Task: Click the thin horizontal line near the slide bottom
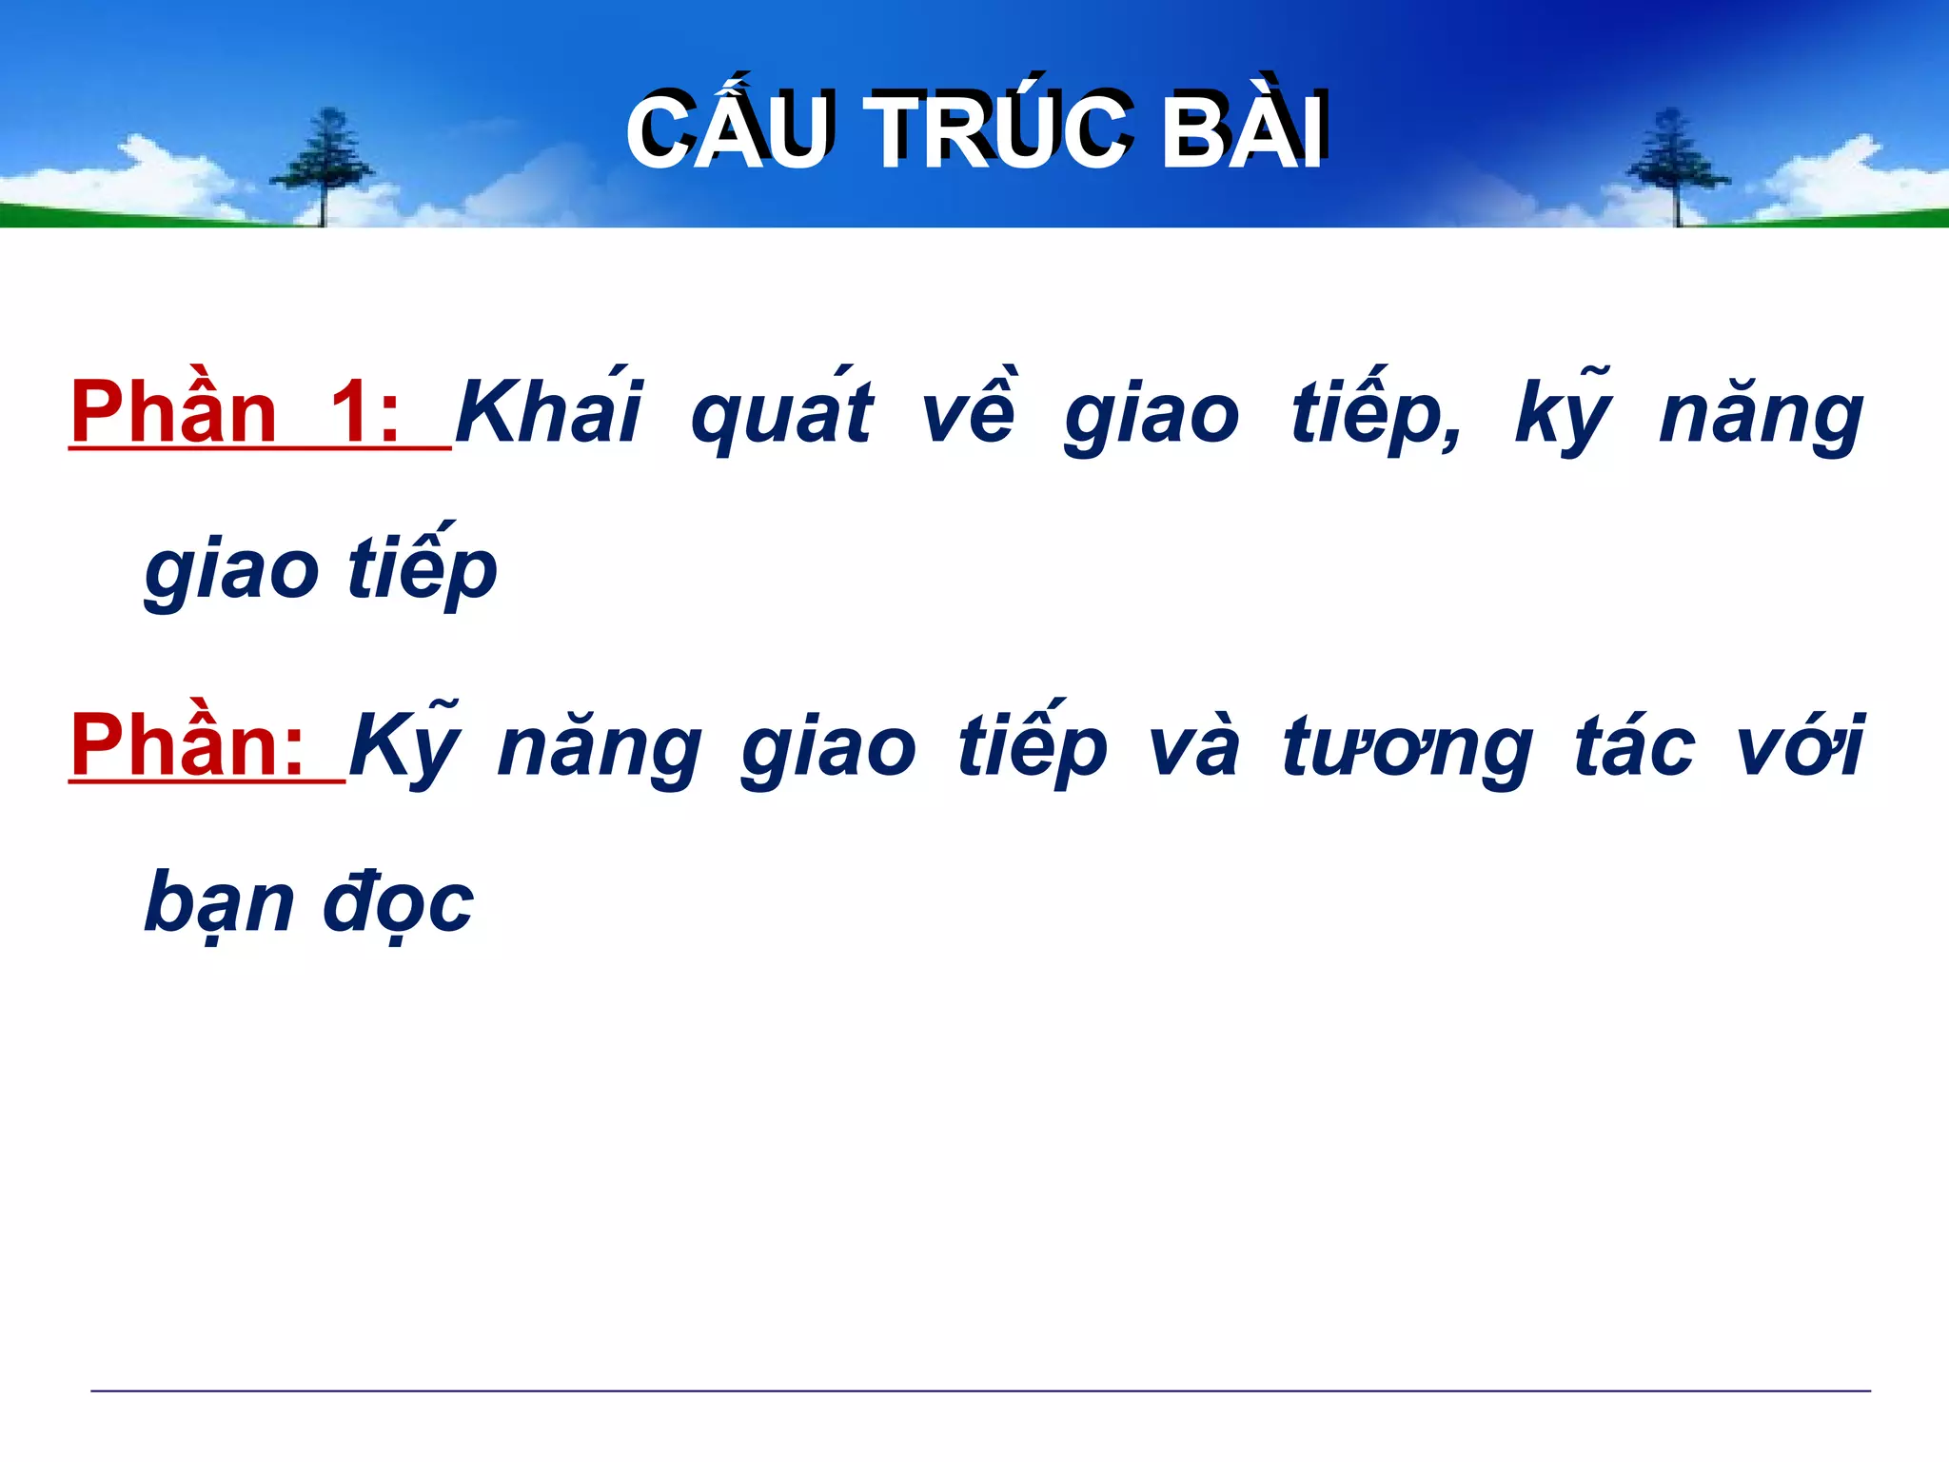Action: coord(980,1391)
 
